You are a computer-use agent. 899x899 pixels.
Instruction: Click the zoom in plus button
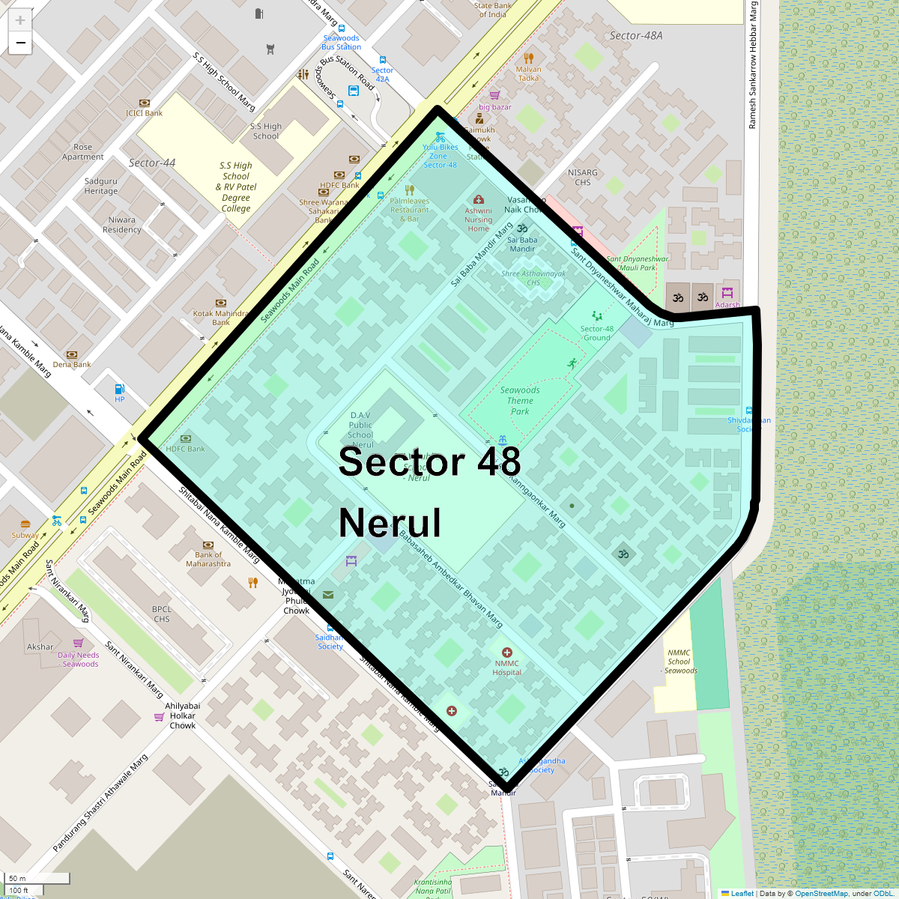point(20,20)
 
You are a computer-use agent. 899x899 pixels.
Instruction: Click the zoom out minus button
point(20,43)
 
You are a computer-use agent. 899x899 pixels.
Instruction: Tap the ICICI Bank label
point(145,113)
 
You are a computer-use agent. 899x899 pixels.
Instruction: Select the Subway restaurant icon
point(25,524)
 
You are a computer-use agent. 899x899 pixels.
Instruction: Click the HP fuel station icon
point(120,389)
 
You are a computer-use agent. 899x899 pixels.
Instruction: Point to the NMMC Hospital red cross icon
point(507,653)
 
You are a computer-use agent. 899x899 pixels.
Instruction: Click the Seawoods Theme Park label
point(520,401)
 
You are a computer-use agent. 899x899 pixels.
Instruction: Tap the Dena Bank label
point(72,365)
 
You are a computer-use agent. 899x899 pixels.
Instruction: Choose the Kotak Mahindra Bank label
point(221,318)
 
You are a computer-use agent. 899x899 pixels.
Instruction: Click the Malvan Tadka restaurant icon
point(529,58)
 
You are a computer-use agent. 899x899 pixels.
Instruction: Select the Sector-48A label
point(636,35)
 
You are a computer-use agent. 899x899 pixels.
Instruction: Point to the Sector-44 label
point(152,163)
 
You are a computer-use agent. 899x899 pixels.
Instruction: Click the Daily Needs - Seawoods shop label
point(79,659)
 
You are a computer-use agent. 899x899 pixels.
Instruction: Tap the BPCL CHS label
point(162,614)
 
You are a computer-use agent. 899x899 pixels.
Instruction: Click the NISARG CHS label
point(583,178)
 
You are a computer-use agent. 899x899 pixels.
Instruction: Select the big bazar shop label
point(495,107)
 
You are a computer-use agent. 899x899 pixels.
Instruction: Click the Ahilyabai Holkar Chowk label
point(183,715)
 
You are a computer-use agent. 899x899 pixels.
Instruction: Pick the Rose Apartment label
point(83,152)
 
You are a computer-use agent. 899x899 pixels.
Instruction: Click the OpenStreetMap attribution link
point(821,893)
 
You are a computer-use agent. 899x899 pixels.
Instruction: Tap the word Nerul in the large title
point(390,523)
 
